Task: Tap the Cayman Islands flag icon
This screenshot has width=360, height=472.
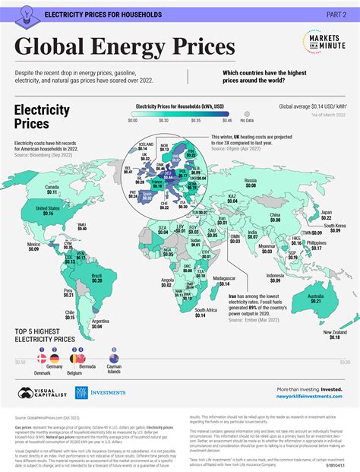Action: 113,358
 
